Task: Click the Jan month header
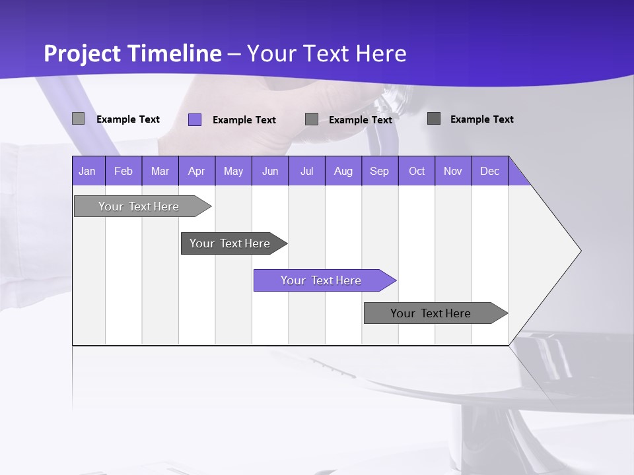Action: pyautogui.click(x=88, y=171)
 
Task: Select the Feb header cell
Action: pyautogui.click(x=123, y=171)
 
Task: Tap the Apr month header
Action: pyautogui.click(x=197, y=171)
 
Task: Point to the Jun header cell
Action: pyautogui.click(x=270, y=171)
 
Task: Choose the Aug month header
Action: pyautogui.click(x=343, y=171)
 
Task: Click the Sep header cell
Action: pyautogui.click(x=380, y=171)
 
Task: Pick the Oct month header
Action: pyautogui.click(x=417, y=171)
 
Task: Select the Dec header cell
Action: pyautogui.click(x=490, y=171)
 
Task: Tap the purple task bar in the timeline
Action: pyautogui.click(x=322, y=280)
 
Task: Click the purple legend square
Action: pyautogui.click(x=195, y=119)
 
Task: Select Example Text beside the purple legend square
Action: pyautogui.click(x=244, y=120)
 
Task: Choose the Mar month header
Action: pyautogui.click(x=160, y=171)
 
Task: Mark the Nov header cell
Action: pyautogui.click(x=453, y=171)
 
